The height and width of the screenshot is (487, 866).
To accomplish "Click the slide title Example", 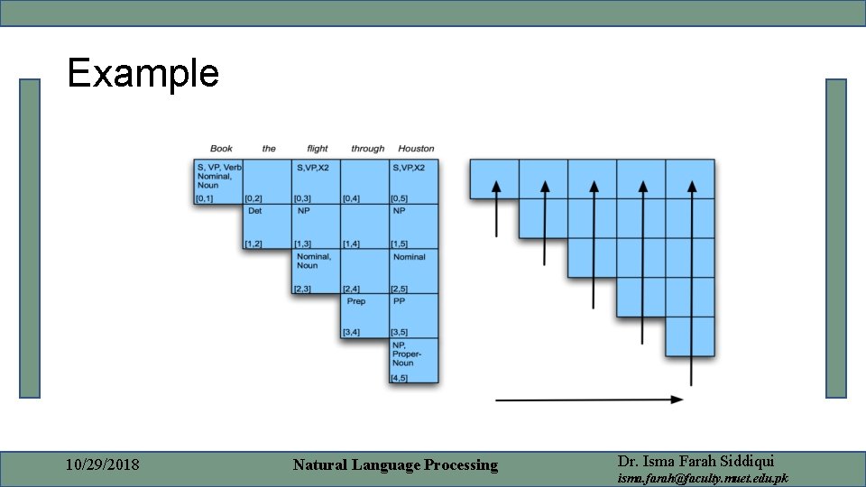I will [x=143, y=73].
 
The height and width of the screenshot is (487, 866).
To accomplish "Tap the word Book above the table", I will [x=221, y=149].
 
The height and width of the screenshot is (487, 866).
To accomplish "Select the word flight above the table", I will [x=318, y=149].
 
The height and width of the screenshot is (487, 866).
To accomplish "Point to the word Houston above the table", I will [x=416, y=149].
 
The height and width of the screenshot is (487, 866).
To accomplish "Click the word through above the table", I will [x=367, y=149].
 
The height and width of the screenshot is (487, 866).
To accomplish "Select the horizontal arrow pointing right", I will [x=589, y=399].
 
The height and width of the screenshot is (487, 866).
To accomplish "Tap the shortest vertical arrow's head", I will [x=495, y=186].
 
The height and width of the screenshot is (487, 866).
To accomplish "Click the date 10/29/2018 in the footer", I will [x=103, y=465].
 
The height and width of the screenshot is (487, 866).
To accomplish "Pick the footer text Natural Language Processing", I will [x=395, y=465].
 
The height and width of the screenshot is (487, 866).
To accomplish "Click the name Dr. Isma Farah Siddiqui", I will [x=696, y=460].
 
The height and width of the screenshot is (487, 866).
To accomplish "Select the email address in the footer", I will [x=702, y=478].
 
